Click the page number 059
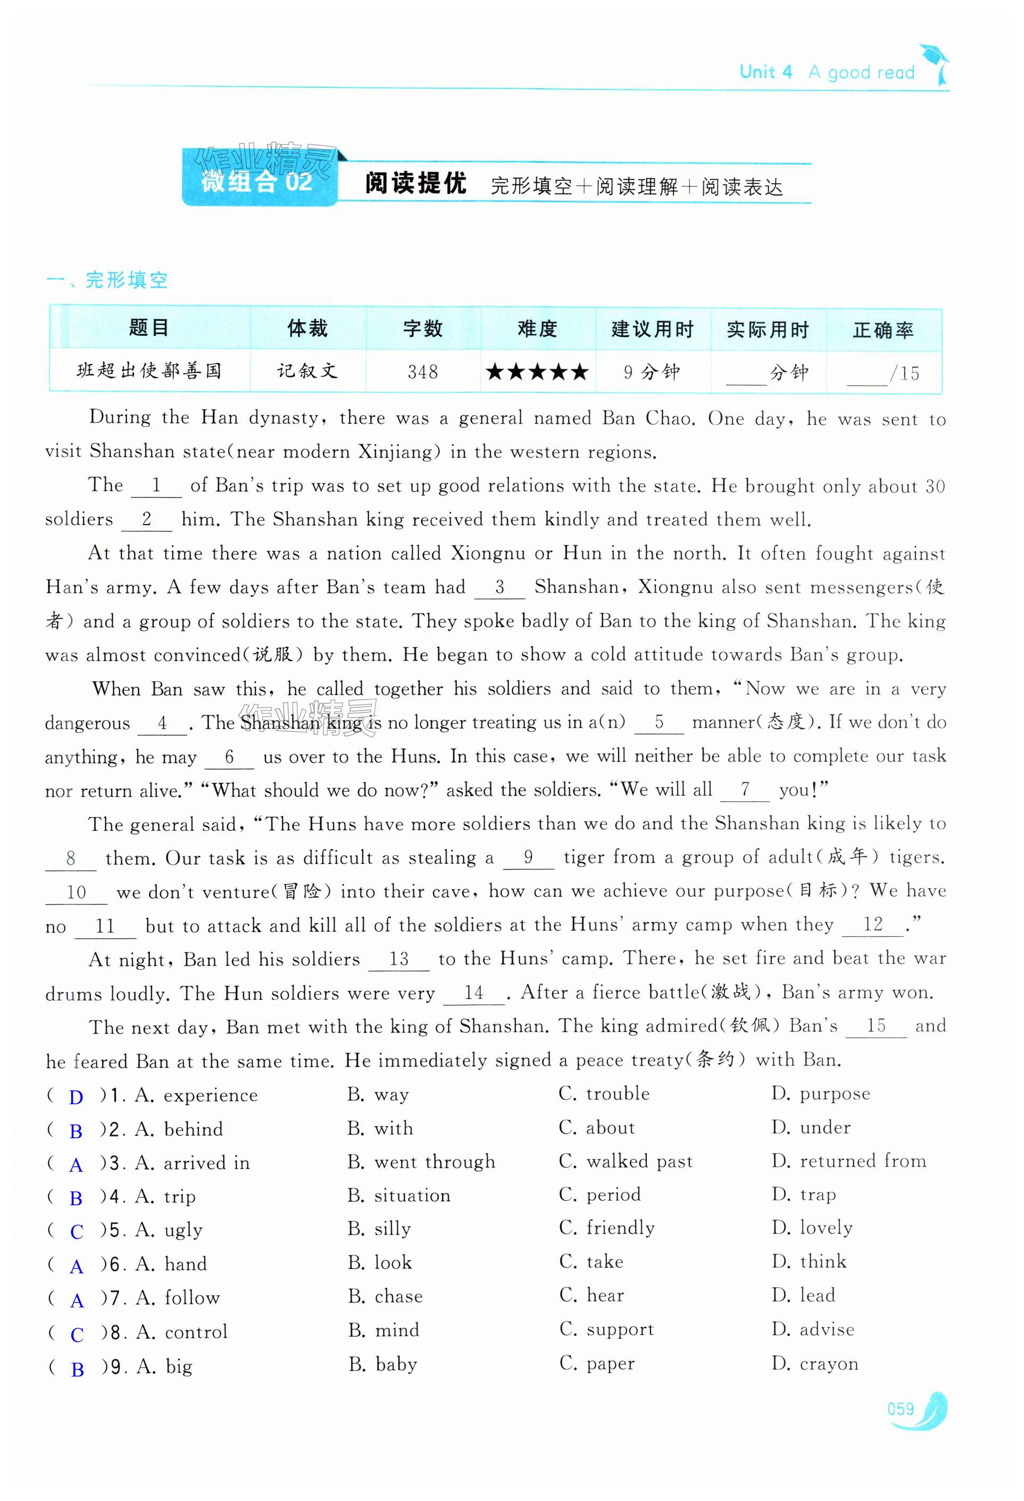click(901, 1408)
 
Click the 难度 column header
click(537, 329)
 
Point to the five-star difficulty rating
click(537, 371)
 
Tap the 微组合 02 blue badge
click(259, 181)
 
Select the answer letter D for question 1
click(76, 1097)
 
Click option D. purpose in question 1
click(820, 1094)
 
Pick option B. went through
click(421, 1161)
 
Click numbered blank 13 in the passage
click(398, 959)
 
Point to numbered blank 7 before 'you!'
click(745, 789)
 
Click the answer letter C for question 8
click(77, 1335)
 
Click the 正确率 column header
click(883, 330)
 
